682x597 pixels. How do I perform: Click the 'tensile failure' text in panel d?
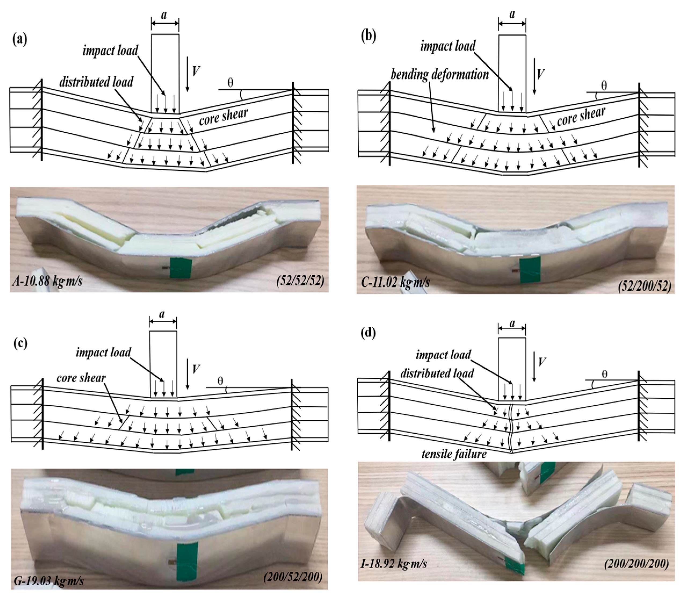click(454, 454)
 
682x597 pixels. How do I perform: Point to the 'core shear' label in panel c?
click(81, 378)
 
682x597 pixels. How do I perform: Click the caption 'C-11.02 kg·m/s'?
click(395, 282)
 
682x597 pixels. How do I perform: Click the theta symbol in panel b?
click(604, 86)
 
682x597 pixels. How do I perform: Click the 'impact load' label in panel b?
click(448, 46)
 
